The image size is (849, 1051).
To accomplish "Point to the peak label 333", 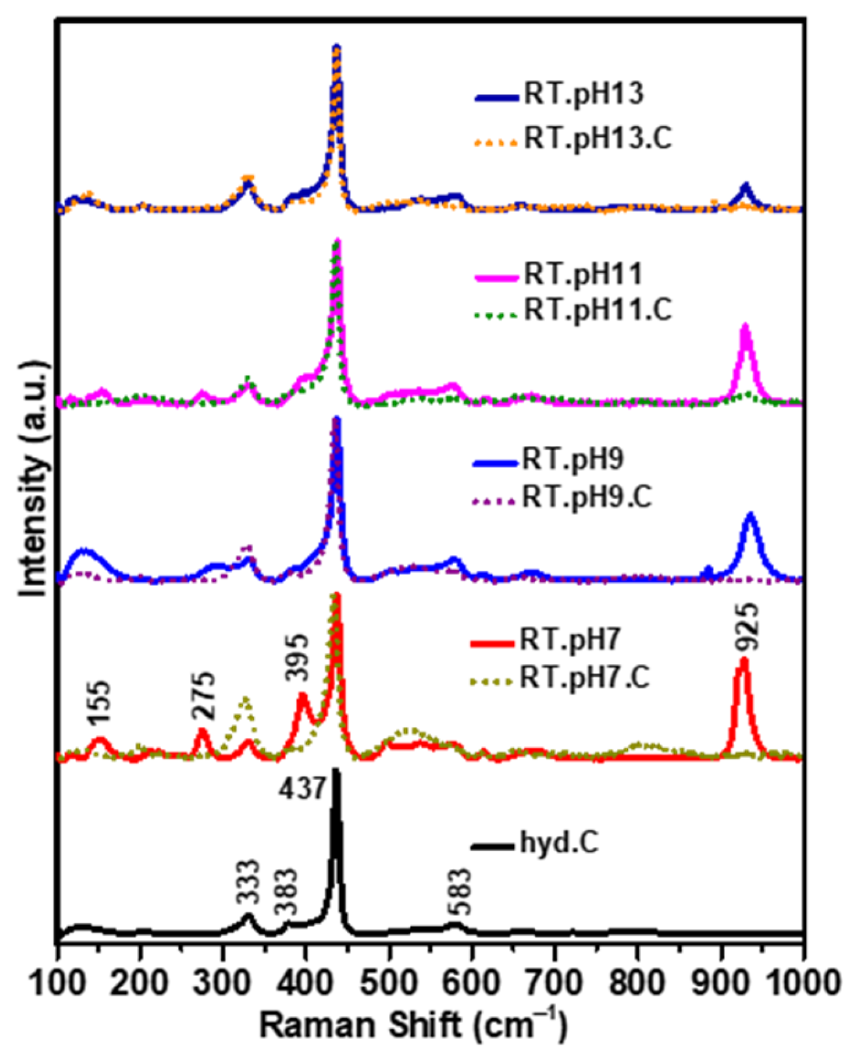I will pos(248,883).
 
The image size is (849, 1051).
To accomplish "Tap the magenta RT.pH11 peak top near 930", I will pos(746,326).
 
